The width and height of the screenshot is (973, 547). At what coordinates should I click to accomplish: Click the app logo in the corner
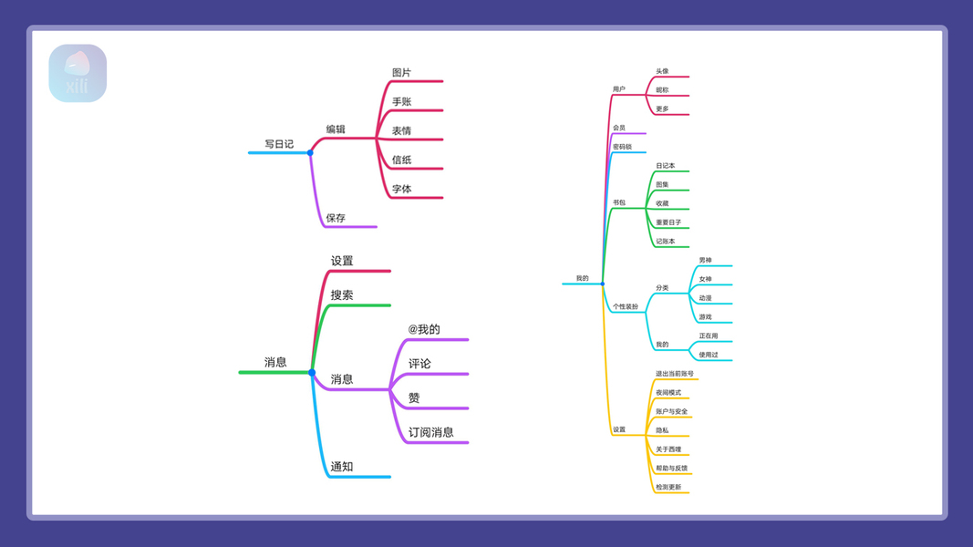[78, 73]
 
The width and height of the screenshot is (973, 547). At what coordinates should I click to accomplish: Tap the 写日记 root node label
[279, 144]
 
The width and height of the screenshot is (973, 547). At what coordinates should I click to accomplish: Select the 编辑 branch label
[336, 129]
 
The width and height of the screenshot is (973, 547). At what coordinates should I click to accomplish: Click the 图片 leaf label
[401, 73]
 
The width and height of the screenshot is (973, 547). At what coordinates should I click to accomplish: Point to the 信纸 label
[401, 160]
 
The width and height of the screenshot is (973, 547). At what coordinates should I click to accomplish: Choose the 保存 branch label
[336, 218]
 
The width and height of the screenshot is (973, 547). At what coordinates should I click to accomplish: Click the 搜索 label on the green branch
[342, 295]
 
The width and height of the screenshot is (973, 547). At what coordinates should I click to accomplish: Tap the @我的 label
[424, 329]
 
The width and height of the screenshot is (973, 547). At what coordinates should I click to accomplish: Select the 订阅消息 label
[430, 432]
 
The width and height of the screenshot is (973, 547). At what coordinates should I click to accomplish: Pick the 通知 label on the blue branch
[342, 467]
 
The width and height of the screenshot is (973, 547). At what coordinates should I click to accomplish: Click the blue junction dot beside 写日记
[310, 152]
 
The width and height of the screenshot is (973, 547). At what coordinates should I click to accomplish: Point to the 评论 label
[419, 364]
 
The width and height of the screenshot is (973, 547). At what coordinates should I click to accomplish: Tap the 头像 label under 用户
[662, 71]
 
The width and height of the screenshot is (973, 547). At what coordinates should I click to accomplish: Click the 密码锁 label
[622, 147]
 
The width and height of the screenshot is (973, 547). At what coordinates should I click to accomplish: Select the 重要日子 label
[668, 222]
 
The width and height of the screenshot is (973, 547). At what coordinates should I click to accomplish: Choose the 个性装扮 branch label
[626, 307]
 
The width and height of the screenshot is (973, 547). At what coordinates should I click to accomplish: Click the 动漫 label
[705, 298]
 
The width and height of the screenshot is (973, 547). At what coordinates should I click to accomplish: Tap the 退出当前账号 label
[674, 374]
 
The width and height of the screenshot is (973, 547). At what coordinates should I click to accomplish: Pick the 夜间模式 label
[668, 393]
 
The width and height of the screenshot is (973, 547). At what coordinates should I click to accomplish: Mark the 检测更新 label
[668, 487]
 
